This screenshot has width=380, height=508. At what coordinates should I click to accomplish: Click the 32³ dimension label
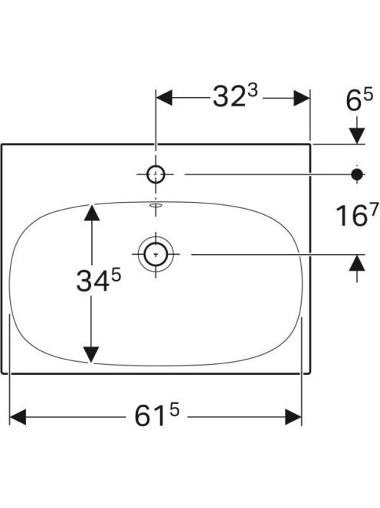tap(235, 96)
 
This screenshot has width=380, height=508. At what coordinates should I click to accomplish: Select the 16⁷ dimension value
tap(357, 215)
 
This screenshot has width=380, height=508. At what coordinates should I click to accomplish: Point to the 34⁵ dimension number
tap(99, 280)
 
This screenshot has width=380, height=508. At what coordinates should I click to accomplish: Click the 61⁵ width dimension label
tap(157, 415)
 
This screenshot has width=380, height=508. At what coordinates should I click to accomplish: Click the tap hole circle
tap(156, 174)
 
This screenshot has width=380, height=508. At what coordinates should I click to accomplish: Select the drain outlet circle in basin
tap(156, 254)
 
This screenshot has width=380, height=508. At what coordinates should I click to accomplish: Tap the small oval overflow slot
tap(156, 205)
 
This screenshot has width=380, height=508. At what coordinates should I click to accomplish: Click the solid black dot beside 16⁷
tap(357, 174)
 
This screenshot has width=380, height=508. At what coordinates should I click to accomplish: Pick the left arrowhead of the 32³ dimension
tap(164, 98)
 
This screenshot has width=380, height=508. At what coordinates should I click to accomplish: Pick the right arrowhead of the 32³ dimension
tap(302, 98)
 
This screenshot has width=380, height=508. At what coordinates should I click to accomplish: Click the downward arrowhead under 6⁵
tap(357, 135)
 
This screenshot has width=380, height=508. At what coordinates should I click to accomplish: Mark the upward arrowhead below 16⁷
tap(357, 262)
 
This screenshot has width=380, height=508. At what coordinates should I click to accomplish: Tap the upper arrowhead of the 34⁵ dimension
tap(92, 213)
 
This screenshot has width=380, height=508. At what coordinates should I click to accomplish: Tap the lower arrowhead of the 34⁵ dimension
tap(91, 355)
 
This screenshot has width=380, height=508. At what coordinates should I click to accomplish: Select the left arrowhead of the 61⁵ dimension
tap(18, 417)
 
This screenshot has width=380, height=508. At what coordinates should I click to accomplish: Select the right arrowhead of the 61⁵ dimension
tap(293, 417)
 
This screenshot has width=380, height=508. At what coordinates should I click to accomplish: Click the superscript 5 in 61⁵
tap(174, 411)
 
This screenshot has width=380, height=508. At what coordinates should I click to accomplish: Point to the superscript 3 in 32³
tap(253, 91)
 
